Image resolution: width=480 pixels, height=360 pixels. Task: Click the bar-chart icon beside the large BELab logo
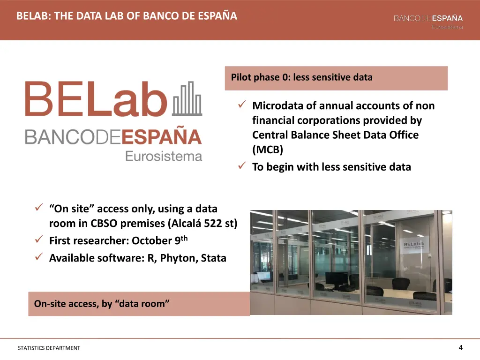tap(187, 99)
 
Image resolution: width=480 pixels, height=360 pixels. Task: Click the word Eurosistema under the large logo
tap(164, 156)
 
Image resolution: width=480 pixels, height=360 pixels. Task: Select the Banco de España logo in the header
tap(428, 21)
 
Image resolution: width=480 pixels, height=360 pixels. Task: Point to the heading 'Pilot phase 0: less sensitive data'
tap(302, 77)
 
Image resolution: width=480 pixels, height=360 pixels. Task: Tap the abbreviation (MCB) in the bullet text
tap(268, 150)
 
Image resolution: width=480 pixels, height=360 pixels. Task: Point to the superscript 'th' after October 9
tap(184, 238)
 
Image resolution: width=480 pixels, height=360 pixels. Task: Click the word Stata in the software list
tap(214, 258)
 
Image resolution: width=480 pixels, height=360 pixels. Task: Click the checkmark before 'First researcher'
tap(39, 240)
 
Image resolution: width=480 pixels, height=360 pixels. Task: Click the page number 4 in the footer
tap(460, 347)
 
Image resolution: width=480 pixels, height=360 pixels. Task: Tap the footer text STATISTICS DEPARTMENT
tap(49, 348)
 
